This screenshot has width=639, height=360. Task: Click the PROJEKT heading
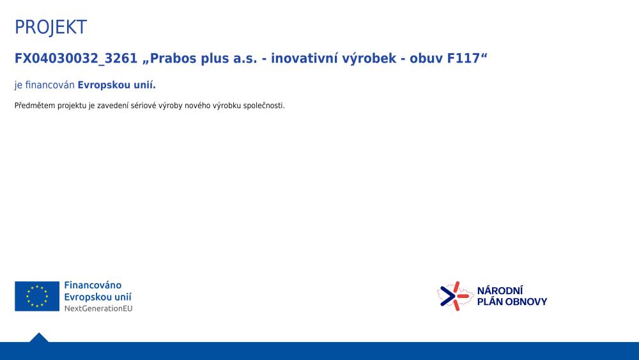pyautogui.click(x=50, y=27)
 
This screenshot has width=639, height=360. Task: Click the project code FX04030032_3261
pyautogui.click(x=76, y=59)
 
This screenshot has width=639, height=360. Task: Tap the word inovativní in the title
pyautogui.click(x=304, y=58)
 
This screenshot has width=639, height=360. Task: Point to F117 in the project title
pyautogui.click(x=463, y=58)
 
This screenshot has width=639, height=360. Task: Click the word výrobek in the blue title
pyautogui.click(x=369, y=59)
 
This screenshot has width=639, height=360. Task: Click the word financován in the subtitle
pyautogui.click(x=50, y=85)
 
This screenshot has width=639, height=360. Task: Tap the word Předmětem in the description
pyautogui.click(x=35, y=106)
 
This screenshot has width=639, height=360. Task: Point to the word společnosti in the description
pyautogui.click(x=263, y=106)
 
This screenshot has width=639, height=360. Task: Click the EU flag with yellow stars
pyautogui.click(x=37, y=297)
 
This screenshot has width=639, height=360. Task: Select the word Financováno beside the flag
pyautogui.click(x=93, y=285)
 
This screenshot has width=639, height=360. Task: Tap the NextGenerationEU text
pyautogui.click(x=98, y=309)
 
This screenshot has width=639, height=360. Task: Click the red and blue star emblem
pyautogui.click(x=455, y=296)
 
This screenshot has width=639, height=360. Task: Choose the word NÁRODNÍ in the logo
pyautogui.click(x=500, y=290)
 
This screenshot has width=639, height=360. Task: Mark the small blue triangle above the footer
pyautogui.click(x=39, y=338)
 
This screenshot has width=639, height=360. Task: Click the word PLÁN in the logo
pyautogui.click(x=490, y=301)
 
